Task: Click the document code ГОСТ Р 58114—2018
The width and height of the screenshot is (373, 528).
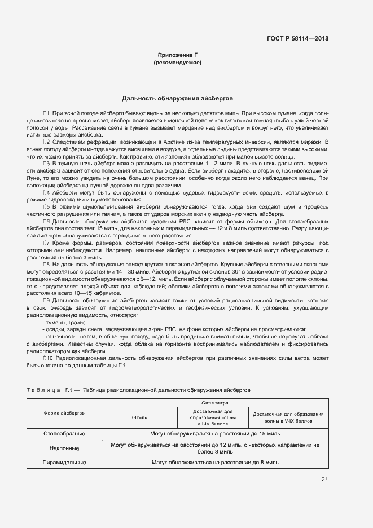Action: (x=297, y=39)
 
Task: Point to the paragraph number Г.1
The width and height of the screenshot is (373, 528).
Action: (x=46, y=113)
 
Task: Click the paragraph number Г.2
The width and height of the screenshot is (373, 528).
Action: (x=46, y=142)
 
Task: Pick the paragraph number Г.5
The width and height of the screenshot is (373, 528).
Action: (x=46, y=207)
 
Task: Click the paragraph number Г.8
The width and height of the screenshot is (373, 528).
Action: (x=46, y=265)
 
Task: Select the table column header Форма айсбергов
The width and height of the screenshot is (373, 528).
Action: (x=64, y=413)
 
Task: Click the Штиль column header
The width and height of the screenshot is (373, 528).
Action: (x=139, y=418)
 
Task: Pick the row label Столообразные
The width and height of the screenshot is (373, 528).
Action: (x=64, y=434)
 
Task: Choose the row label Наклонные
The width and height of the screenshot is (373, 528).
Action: (x=64, y=448)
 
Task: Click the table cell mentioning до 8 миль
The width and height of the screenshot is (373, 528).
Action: (x=216, y=462)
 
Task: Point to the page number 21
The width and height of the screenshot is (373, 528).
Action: (x=324, y=479)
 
